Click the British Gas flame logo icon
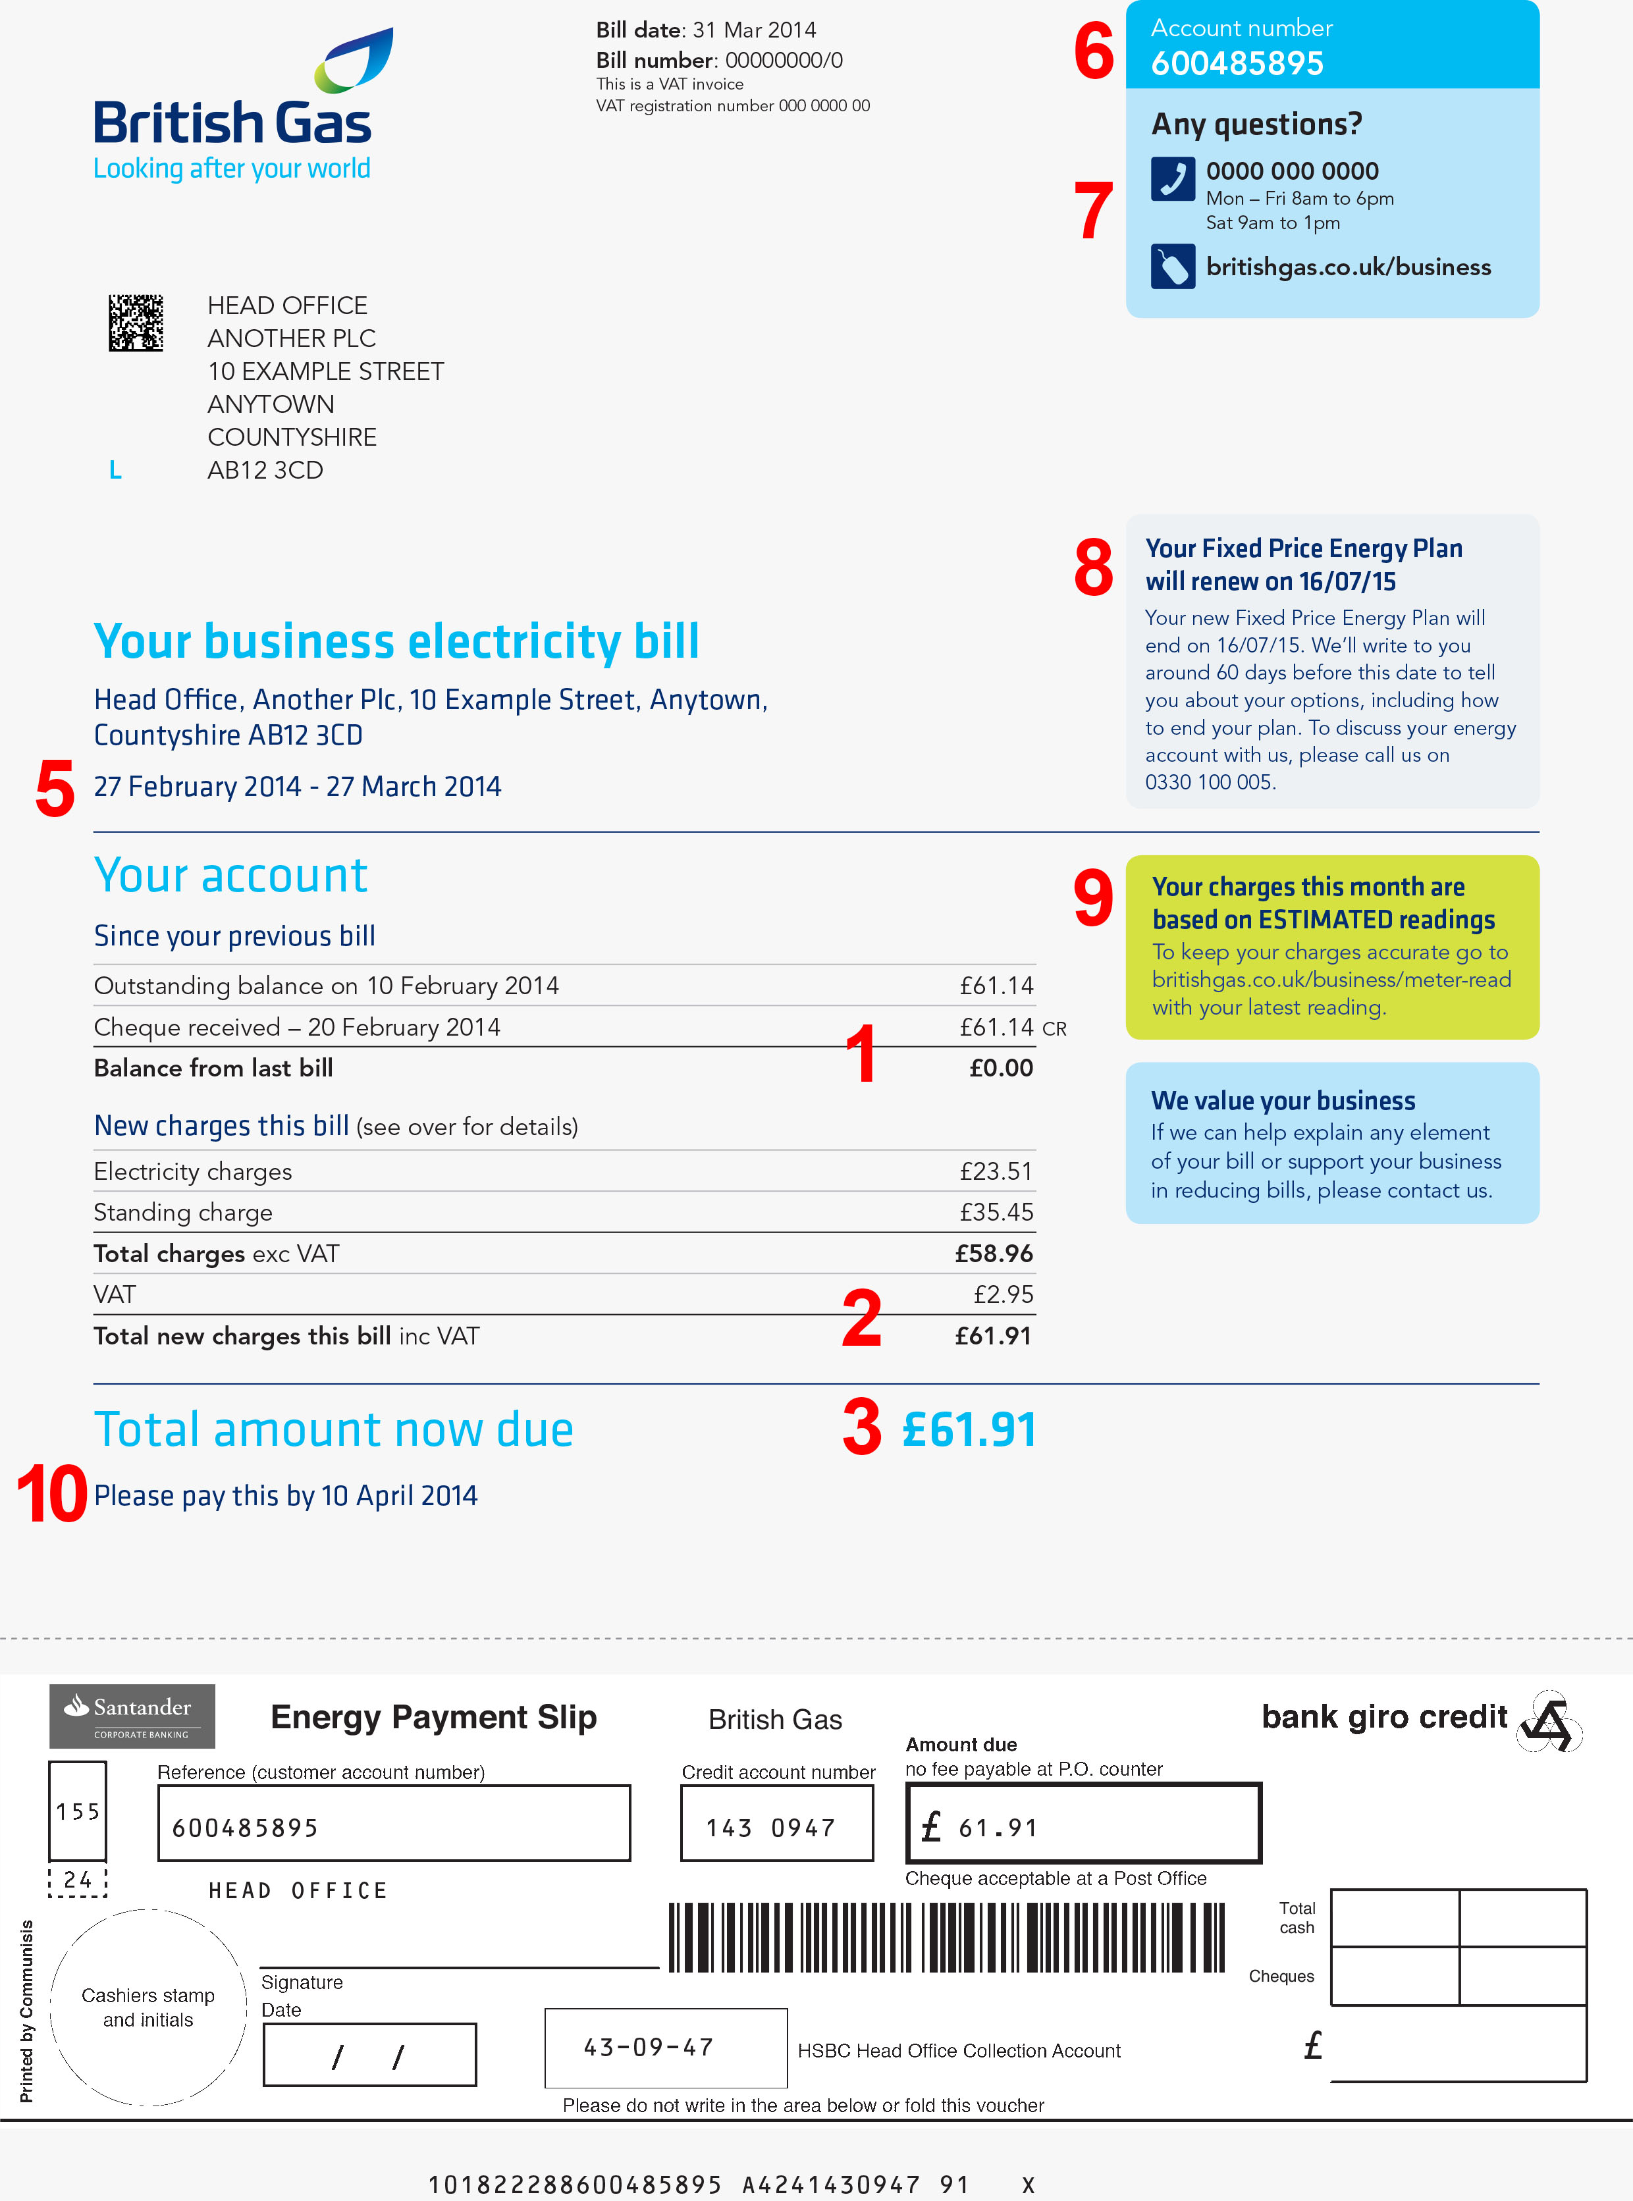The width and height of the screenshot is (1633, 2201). [x=353, y=61]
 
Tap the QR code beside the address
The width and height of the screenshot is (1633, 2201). [x=136, y=322]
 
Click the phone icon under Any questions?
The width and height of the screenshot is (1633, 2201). [x=1172, y=179]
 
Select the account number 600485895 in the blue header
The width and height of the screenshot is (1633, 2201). [x=1237, y=63]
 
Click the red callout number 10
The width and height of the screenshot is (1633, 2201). [x=51, y=1493]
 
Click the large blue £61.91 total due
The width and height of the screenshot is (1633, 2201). [x=969, y=1429]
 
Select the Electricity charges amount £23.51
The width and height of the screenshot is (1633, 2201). [x=996, y=1171]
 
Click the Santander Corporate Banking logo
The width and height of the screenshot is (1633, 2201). [x=132, y=1716]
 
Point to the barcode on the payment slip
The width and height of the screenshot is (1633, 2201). [x=946, y=1937]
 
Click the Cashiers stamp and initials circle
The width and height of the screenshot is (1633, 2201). [x=148, y=2006]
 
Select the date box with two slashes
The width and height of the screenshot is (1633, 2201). [x=369, y=2055]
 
